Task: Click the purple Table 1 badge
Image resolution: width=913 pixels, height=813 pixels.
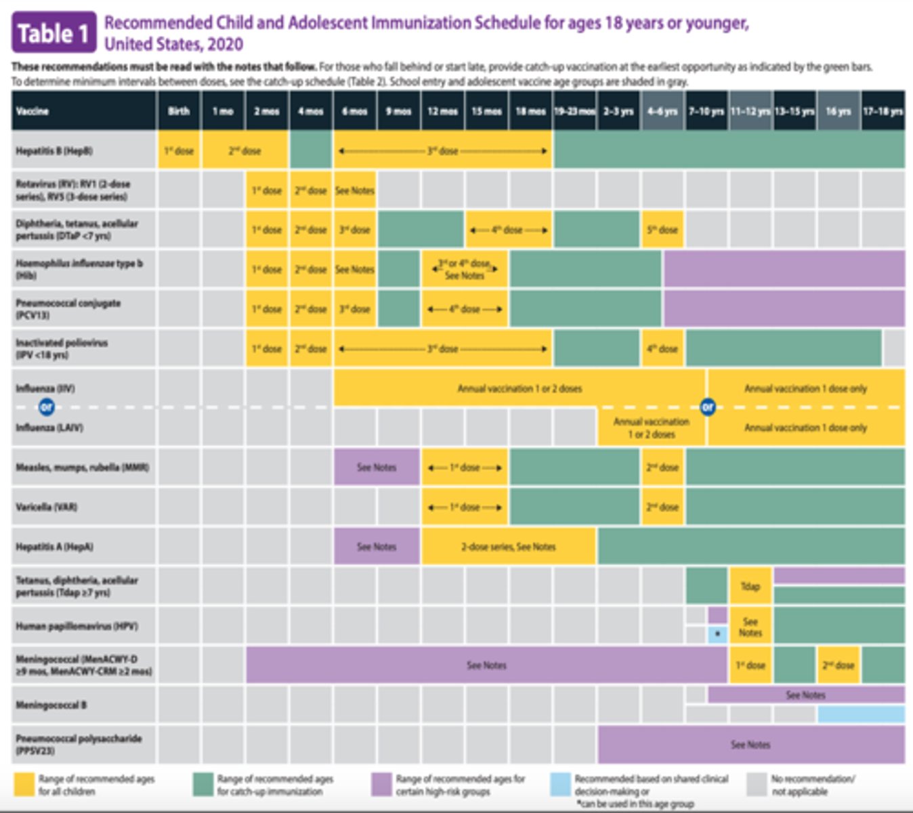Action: tap(54, 32)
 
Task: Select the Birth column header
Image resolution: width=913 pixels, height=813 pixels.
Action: tap(179, 111)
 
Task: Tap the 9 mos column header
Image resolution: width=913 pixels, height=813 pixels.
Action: tap(398, 111)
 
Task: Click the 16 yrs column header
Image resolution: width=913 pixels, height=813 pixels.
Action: tap(838, 111)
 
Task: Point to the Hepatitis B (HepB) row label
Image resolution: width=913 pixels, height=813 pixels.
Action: tap(54, 150)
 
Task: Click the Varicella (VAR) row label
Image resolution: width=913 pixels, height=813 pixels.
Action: tap(47, 507)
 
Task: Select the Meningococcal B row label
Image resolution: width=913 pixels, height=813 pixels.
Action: tap(51, 705)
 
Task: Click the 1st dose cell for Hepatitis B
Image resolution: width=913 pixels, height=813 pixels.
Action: tap(179, 150)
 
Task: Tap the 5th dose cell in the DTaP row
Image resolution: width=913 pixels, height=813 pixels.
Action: tap(662, 230)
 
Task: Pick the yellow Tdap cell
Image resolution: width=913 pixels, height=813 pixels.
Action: tap(750, 586)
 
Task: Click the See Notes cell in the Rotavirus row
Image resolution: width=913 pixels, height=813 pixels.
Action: tap(354, 190)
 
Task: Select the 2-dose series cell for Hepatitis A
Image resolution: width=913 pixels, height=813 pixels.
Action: tap(508, 547)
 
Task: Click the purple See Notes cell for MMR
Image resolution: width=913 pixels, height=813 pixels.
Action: tap(376, 467)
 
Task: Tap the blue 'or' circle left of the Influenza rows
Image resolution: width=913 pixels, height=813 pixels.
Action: tap(46, 407)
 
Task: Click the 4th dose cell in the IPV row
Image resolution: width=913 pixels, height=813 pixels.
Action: tap(662, 349)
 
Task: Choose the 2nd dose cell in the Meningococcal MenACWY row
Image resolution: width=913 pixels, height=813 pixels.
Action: tap(838, 665)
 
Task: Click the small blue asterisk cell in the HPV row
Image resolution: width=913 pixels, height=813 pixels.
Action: tap(717, 635)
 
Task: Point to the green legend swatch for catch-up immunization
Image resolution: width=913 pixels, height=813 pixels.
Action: tap(203, 785)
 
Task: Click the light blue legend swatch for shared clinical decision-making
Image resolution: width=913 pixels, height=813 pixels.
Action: tap(560, 785)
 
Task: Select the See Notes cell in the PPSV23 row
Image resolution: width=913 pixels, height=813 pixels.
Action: tap(750, 745)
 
